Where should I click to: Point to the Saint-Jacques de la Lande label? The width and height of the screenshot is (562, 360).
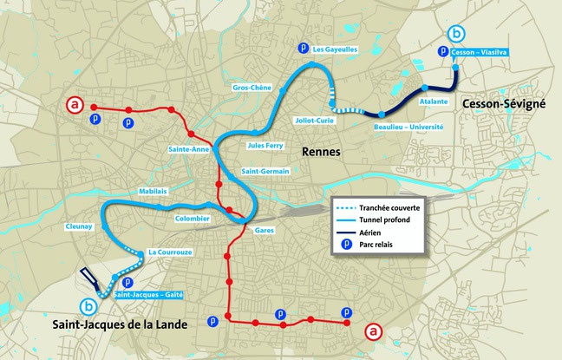click(134, 325)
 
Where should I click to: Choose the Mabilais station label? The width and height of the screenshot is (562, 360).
click(153, 191)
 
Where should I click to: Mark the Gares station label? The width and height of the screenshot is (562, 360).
click(265, 231)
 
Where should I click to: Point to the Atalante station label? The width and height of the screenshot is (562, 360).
click(433, 101)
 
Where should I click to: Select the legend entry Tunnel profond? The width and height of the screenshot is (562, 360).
click(386, 220)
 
